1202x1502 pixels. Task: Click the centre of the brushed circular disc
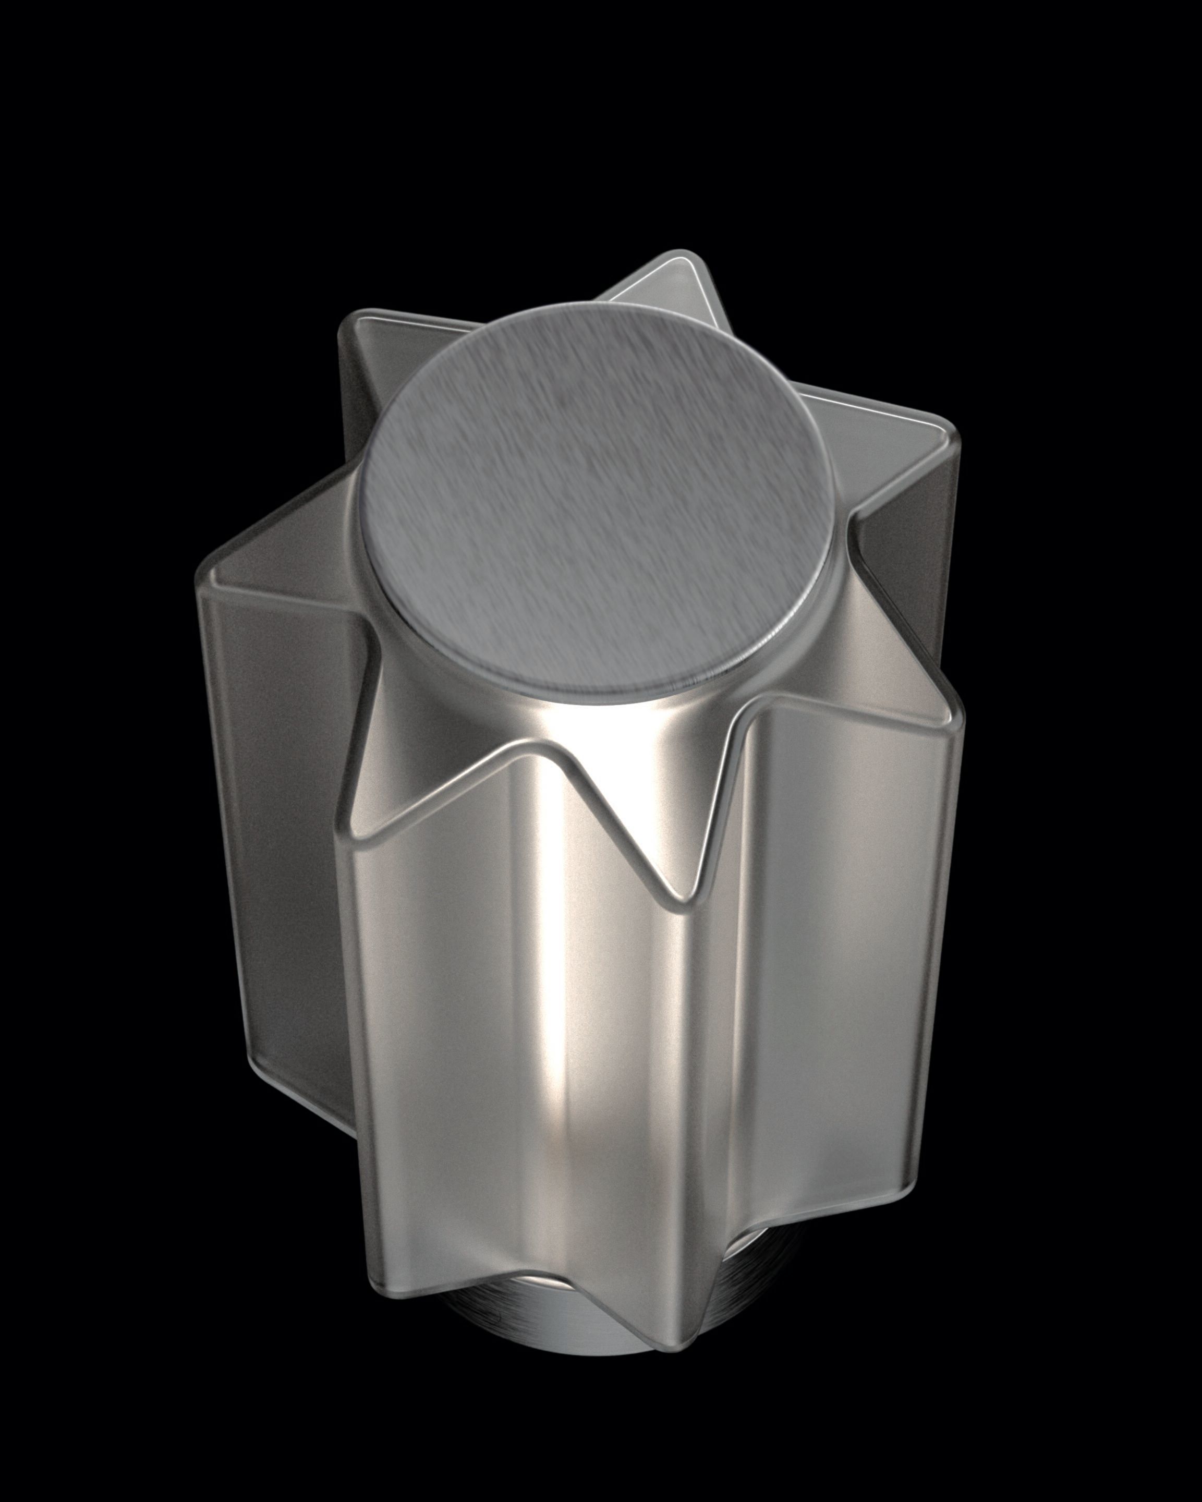(598, 500)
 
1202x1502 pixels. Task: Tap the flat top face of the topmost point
(669, 286)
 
